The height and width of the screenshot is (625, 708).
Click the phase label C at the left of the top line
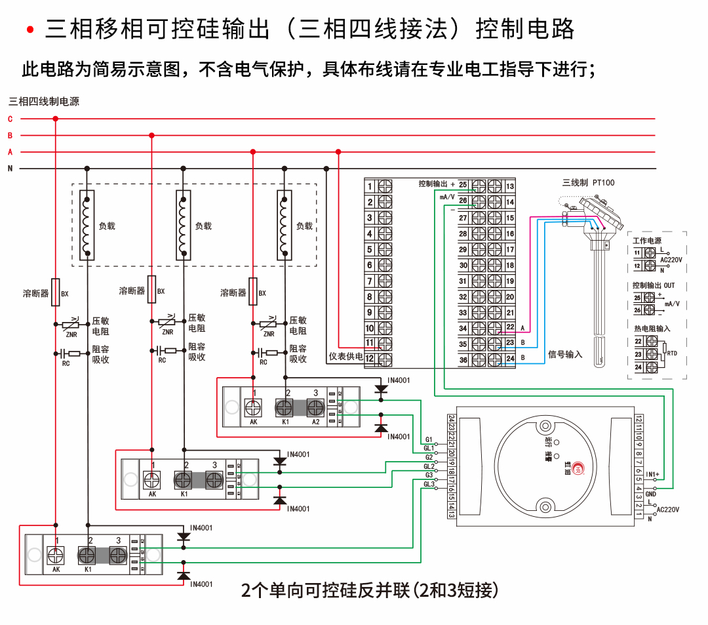pos(10,119)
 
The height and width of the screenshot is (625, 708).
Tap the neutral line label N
pos(10,169)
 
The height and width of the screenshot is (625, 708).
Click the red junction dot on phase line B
pos(152,136)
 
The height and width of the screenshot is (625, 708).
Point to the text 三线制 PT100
pos(588,183)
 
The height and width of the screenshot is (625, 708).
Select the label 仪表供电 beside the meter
pos(345,358)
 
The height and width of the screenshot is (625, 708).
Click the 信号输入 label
pos(564,355)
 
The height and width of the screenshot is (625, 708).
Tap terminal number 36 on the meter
pos(463,360)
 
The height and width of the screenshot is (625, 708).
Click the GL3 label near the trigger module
pos(429,485)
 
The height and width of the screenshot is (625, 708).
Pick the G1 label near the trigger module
pos(429,439)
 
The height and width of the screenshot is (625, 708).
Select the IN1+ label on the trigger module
pos(652,474)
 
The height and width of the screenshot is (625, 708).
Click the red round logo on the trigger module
pos(578,468)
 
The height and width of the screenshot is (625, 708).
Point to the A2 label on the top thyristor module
pos(315,422)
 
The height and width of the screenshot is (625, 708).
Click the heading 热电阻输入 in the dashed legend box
pos(652,328)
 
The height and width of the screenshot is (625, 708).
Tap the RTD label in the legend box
pos(672,353)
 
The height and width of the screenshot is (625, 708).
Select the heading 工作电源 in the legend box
pos(646,241)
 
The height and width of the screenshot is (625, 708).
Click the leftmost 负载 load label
pos(107,226)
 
